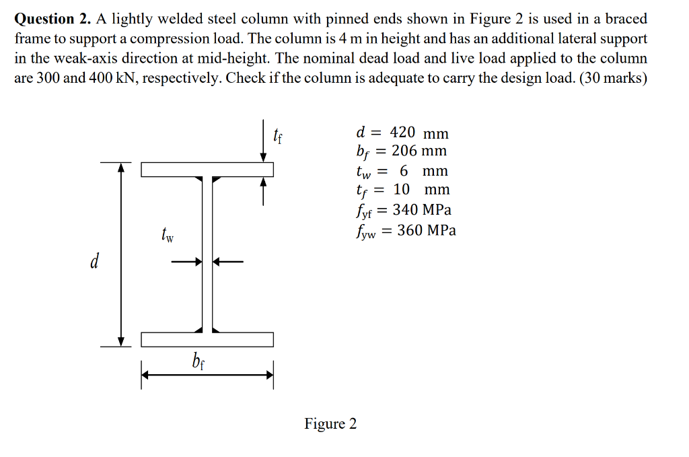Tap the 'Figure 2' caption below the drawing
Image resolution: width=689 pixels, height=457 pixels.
(330, 423)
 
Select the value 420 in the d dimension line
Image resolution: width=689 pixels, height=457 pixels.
(402, 133)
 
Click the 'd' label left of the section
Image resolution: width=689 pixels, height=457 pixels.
(95, 261)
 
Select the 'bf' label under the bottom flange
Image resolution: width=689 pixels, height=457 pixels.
(198, 362)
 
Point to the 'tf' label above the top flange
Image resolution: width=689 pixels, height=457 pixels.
(278, 133)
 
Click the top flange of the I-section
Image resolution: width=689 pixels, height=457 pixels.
(207, 169)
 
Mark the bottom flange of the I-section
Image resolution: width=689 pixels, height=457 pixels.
(207, 339)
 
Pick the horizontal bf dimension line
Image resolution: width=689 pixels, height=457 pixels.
(207, 377)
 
